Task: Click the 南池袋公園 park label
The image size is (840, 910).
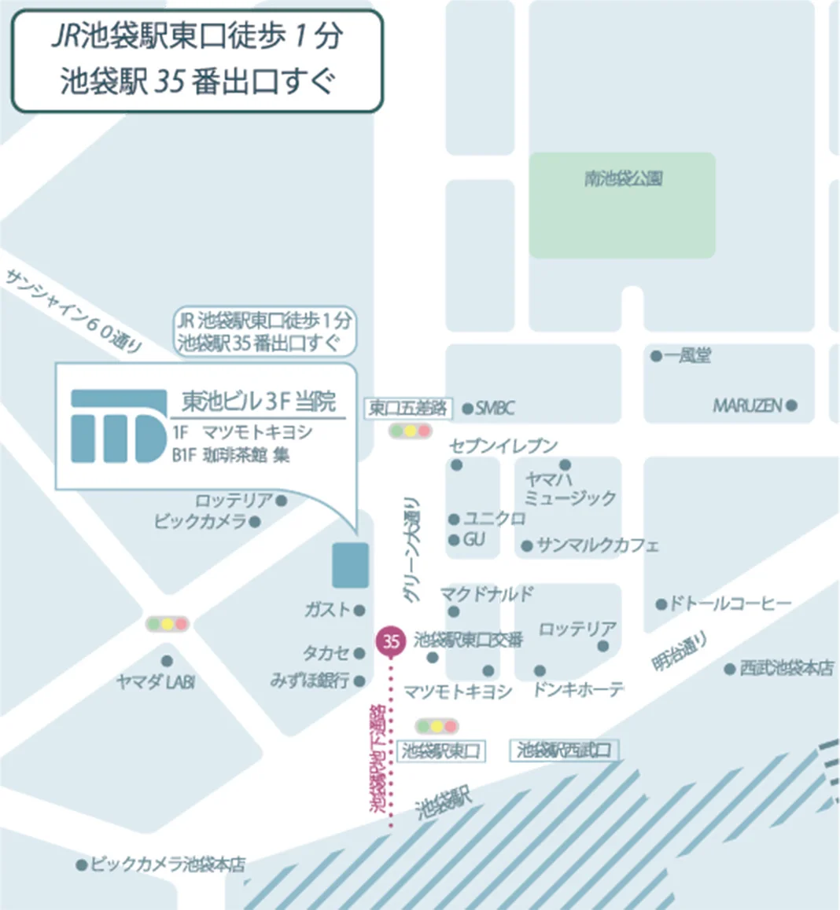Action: pos(623,179)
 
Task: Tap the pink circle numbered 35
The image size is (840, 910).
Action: pos(391,640)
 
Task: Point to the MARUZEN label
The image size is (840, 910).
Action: pos(747,406)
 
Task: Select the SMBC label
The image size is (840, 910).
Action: pos(495,408)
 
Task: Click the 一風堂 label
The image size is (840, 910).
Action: pos(687,356)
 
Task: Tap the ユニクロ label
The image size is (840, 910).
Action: pos(494,519)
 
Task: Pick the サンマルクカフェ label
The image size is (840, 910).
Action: pos(597,545)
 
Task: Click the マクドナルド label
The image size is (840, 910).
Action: pos(486,593)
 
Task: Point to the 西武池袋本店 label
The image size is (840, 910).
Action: pos(787,668)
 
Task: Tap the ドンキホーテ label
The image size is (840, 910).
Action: pos(578,690)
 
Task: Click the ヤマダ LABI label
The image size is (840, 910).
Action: pos(155,682)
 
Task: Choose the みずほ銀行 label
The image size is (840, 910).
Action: pos(310,681)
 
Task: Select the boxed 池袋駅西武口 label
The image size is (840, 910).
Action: pos(563,750)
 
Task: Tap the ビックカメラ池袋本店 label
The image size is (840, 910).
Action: pos(168,865)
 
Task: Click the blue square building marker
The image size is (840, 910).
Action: pos(350,565)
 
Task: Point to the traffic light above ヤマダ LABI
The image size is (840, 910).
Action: pos(168,625)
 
